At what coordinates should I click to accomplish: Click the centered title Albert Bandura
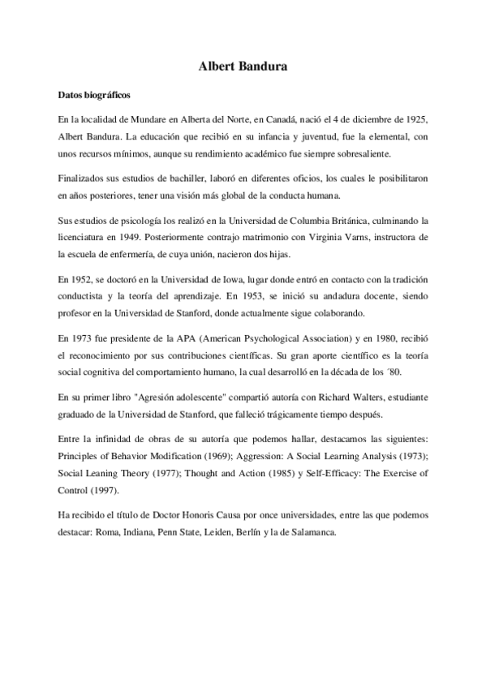tap(242, 69)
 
